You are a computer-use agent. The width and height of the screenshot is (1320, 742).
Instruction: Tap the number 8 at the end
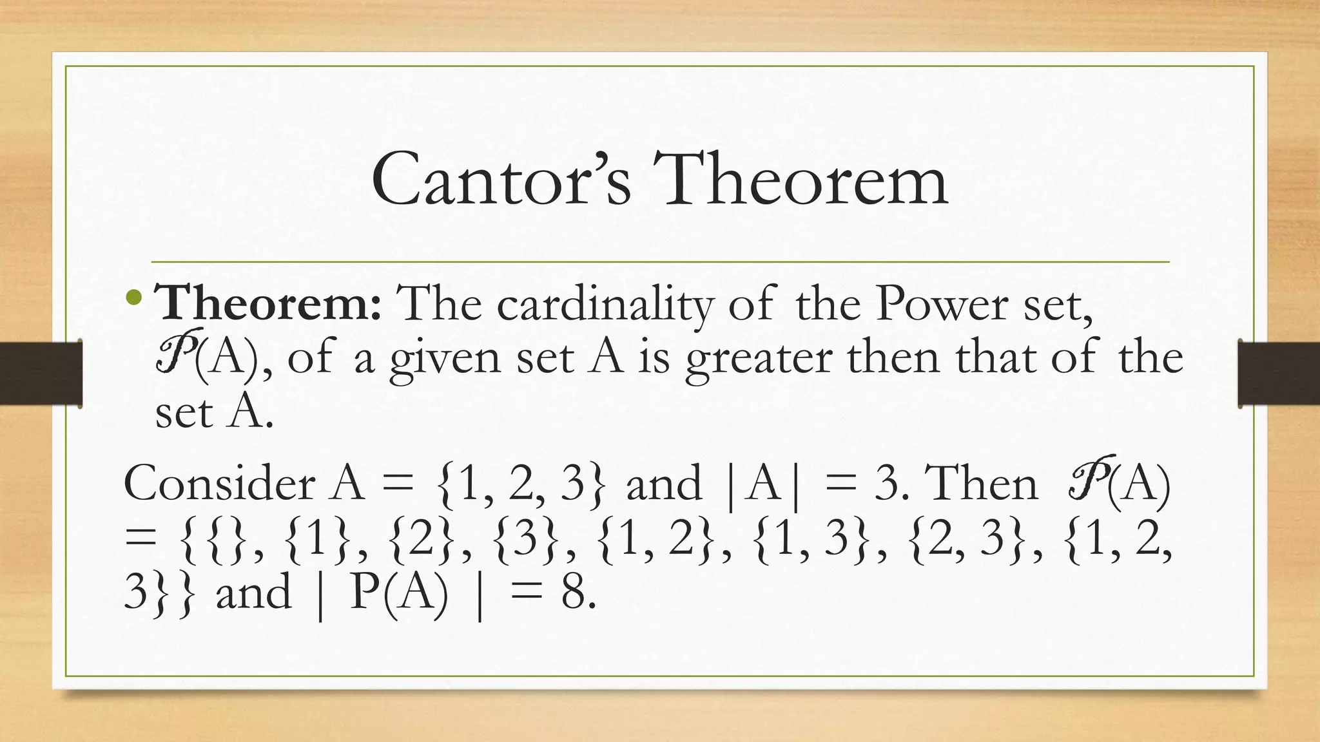click(573, 593)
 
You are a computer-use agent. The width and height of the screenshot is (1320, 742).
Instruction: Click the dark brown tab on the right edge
click(1279, 374)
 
